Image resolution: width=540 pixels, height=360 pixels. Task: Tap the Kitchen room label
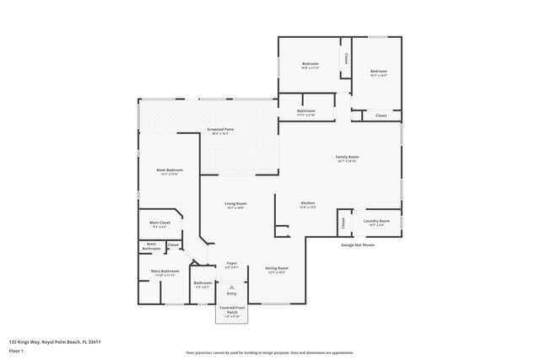(x=308, y=204)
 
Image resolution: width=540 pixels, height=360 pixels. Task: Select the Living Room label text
(x=235, y=204)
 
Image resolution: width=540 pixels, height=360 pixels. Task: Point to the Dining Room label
(x=277, y=269)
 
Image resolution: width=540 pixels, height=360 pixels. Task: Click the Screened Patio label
(x=221, y=130)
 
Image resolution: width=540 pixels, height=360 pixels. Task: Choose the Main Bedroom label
(x=169, y=171)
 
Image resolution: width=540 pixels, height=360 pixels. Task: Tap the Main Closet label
(x=159, y=223)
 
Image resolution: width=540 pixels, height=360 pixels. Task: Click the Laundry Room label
(x=376, y=222)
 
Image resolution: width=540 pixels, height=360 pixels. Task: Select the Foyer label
(x=232, y=264)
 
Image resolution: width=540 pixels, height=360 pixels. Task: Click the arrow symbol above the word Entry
(x=231, y=287)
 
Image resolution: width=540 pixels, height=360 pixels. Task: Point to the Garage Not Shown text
(x=357, y=245)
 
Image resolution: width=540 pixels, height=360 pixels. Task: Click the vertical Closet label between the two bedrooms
(x=346, y=60)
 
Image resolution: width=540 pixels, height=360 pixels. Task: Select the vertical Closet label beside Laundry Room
(x=343, y=223)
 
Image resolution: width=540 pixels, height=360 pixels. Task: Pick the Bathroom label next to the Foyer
(x=202, y=283)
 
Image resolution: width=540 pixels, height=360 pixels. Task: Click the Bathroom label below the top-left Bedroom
(x=305, y=112)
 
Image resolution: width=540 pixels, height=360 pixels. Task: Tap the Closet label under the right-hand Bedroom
(x=381, y=116)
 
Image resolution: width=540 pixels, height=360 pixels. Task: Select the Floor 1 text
(x=17, y=352)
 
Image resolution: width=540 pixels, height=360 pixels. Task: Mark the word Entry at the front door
(x=231, y=293)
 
